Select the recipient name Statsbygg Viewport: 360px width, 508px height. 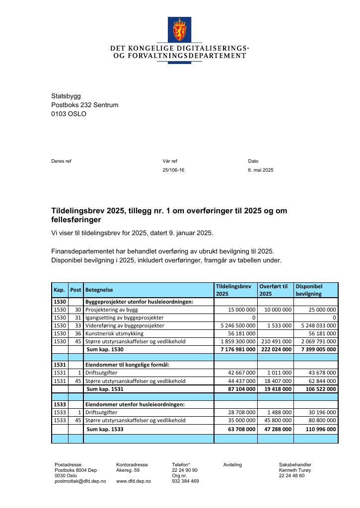pos(66,96)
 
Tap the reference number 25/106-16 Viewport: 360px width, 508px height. pos(173,170)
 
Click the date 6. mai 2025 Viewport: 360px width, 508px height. pos(261,170)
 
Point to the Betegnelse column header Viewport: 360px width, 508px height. pos(99,290)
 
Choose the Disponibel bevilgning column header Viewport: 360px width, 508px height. pos(309,290)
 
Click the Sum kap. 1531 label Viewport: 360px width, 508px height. pos(105,389)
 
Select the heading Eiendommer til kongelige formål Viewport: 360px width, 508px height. pos(127,365)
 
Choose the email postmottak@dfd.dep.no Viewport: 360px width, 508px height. pos(80,481)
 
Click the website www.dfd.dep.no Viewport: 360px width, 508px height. pos(134,481)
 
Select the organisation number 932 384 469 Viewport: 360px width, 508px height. pos(186,481)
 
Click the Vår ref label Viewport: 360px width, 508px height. pos(170,161)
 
